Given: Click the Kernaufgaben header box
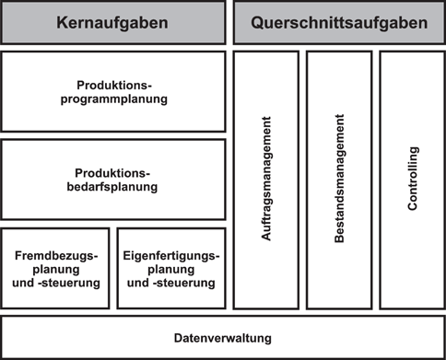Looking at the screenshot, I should pyautogui.click(x=113, y=22).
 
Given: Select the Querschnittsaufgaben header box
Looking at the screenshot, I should pyautogui.click(x=339, y=22).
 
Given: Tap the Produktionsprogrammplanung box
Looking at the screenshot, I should pyautogui.click(x=113, y=91).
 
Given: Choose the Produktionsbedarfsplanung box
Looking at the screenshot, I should pyautogui.click(x=113, y=180).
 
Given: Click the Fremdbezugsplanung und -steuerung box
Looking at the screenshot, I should pyautogui.click(x=55, y=267).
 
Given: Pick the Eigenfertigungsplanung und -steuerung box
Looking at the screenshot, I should pyautogui.click(x=171, y=267).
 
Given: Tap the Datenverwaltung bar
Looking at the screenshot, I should pyautogui.click(x=223, y=337).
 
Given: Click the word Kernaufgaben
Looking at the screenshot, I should pyautogui.click(x=113, y=23).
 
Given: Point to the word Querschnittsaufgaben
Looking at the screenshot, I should pyautogui.click(x=339, y=23).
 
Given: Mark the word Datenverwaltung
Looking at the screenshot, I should pyautogui.click(x=223, y=338).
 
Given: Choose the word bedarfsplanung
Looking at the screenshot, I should pyautogui.click(x=113, y=187).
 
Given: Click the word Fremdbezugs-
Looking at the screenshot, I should pyautogui.click(x=55, y=252).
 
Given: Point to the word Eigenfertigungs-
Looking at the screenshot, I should pyautogui.click(x=171, y=252).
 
